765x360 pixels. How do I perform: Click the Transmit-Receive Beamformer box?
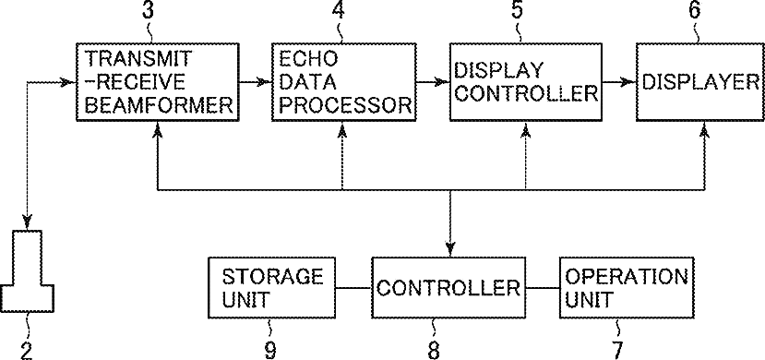[157, 81]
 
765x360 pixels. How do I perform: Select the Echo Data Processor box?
[344, 81]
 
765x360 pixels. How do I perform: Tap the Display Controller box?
[525, 81]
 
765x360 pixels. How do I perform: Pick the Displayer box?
[700, 81]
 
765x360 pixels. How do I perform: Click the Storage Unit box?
[272, 288]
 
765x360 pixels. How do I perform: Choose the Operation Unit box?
[627, 288]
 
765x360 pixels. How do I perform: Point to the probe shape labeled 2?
[28, 271]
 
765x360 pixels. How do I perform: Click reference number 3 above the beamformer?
[148, 10]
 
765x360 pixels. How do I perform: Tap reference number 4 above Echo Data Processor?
[339, 10]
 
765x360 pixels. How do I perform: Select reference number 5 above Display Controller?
[518, 10]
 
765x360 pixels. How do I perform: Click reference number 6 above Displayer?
[695, 10]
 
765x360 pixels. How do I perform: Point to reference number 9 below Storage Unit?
[270, 350]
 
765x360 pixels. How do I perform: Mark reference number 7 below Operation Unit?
[617, 350]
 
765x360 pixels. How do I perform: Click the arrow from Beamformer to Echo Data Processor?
[256, 82]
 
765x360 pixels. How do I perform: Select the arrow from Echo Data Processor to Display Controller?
[433, 82]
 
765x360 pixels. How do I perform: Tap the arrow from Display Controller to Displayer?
[619, 82]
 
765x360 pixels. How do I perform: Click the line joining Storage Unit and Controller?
[354, 288]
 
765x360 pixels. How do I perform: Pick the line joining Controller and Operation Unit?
[542, 288]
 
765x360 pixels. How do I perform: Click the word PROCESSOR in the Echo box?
[345, 105]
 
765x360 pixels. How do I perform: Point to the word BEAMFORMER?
[159, 105]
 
